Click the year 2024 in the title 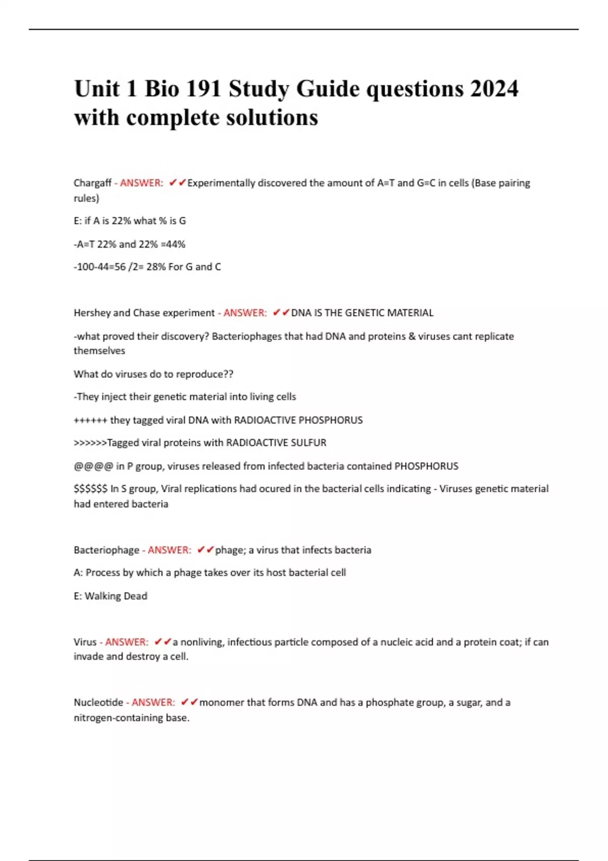(x=494, y=89)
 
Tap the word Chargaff (x=92, y=183)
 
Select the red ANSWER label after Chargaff (x=141, y=183)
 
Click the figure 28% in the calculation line (x=156, y=267)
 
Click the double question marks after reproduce (x=228, y=374)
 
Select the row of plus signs (x=90, y=420)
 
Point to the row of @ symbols (x=93, y=466)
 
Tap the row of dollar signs (x=90, y=489)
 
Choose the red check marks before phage (x=206, y=550)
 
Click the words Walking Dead (x=116, y=596)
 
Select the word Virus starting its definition (x=85, y=642)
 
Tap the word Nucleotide (x=98, y=702)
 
